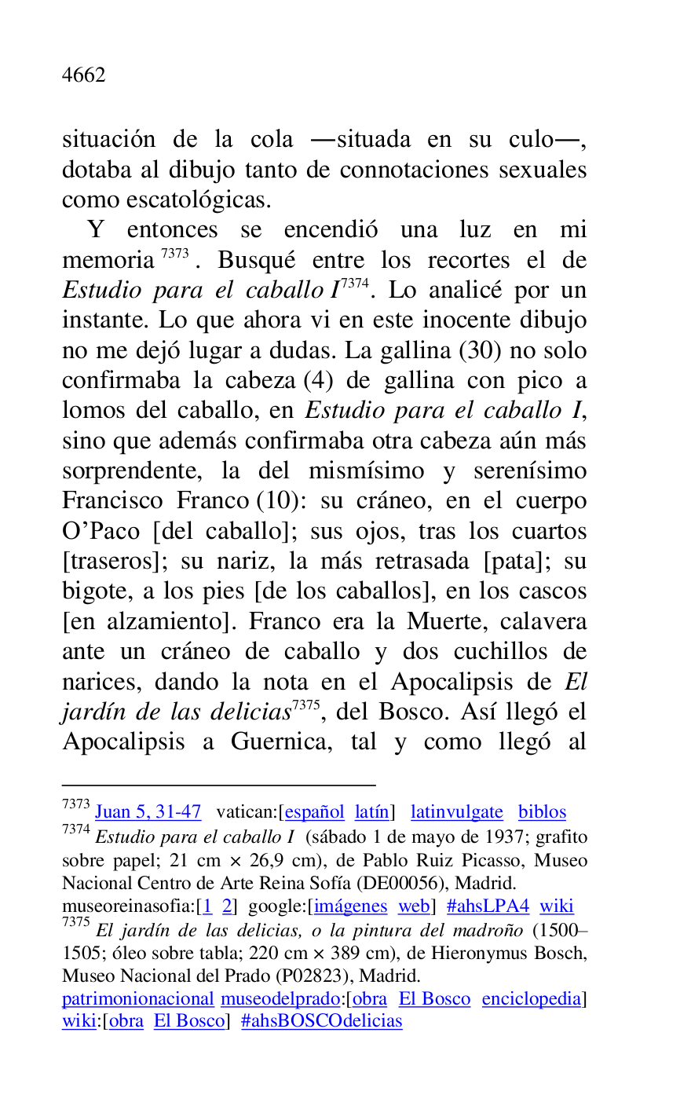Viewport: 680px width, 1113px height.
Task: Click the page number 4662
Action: click(x=84, y=75)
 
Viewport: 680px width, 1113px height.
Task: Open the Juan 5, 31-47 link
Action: click(x=148, y=812)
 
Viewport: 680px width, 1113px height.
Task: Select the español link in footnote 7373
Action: click(x=313, y=812)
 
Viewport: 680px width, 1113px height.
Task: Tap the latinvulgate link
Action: click(x=456, y=812)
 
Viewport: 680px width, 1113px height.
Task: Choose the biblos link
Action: click(x=542, y=812)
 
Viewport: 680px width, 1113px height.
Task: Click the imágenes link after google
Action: click(x=350, y=906)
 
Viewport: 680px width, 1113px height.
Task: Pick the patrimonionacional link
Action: click(x=138, y=999)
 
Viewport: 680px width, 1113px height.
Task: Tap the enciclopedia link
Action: click(x=532, y=999)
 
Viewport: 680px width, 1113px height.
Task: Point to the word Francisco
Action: click(x=112, y=500)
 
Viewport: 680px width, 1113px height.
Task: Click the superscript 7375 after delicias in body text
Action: click(x=306, y=704)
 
